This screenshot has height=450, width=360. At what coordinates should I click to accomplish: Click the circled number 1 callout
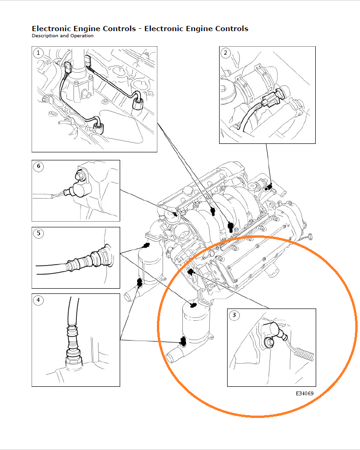(x=38, y=53)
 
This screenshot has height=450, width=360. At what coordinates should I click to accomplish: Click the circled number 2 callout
(x=226, y=53)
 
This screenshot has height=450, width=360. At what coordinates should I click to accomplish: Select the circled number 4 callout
(x=38, y=300)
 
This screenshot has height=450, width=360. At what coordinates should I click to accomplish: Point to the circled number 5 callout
(x=39, y=233)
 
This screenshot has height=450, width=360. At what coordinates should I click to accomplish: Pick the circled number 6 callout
(x=39, y=167)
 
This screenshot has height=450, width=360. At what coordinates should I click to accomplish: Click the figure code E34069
(x=305, y=393)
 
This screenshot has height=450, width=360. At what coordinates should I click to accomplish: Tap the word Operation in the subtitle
(x=82, y=36)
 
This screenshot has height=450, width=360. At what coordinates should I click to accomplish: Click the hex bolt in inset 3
(x=269, y=342)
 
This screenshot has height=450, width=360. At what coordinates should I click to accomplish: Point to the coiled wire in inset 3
(x=304, y=354)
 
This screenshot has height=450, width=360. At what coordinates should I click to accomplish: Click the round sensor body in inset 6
(x=81, y=190)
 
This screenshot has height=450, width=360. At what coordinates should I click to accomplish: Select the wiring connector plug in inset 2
(x=272, y=98)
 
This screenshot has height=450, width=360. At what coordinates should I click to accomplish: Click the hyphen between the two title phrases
(x=140, y=29)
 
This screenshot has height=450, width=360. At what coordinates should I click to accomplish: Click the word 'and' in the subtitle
(x=64, y=35)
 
